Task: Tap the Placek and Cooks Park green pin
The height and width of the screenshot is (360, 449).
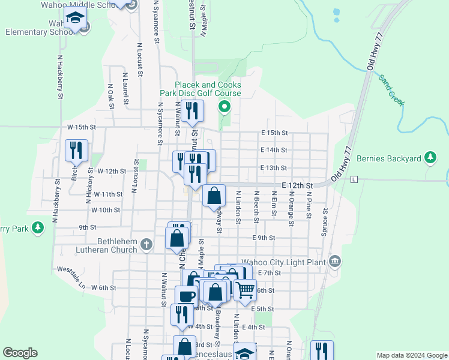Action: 225,108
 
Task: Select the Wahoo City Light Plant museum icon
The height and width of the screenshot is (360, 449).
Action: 335,262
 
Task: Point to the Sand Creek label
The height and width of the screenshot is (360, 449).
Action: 391,90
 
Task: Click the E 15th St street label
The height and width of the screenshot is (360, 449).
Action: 274,133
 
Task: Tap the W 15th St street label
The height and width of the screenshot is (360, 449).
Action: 82,127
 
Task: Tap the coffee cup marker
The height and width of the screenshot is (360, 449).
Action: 186,296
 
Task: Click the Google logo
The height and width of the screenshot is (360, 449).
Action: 20,353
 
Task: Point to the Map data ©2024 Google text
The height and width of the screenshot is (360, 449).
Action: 411,355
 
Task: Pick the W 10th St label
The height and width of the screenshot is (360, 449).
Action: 106,210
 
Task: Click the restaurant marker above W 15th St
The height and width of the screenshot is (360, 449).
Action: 193,110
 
